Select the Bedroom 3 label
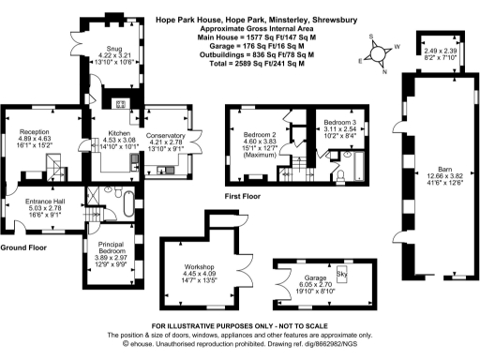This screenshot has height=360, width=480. (339, 123)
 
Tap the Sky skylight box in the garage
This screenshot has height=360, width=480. (341, 274)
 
